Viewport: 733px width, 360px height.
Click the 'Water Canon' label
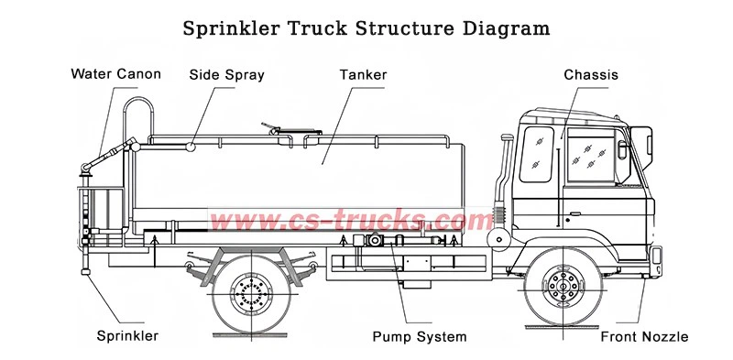115,73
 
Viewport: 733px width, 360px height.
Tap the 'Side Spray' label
227,73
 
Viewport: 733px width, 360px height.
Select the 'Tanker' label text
363,73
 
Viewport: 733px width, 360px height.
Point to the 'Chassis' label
591,74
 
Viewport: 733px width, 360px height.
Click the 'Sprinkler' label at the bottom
127,336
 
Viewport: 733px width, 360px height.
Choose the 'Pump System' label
419,336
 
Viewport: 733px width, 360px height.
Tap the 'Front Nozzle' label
644,336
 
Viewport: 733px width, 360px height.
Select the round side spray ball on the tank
190,144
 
